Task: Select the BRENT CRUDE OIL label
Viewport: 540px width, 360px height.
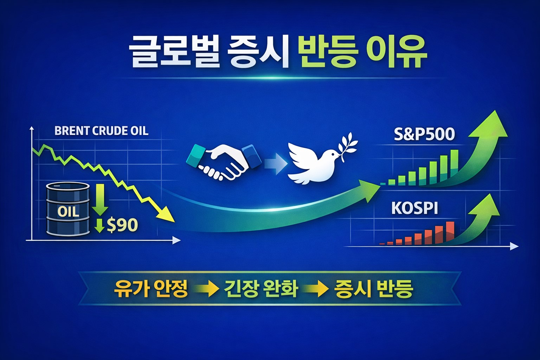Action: [102, 131]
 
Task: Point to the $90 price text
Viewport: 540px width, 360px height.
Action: [122, 225]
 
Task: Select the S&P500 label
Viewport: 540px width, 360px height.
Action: [424, 134]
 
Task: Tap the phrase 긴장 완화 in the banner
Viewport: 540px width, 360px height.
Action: [261, 289]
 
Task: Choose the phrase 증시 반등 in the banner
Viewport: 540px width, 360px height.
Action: [374, 289]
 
